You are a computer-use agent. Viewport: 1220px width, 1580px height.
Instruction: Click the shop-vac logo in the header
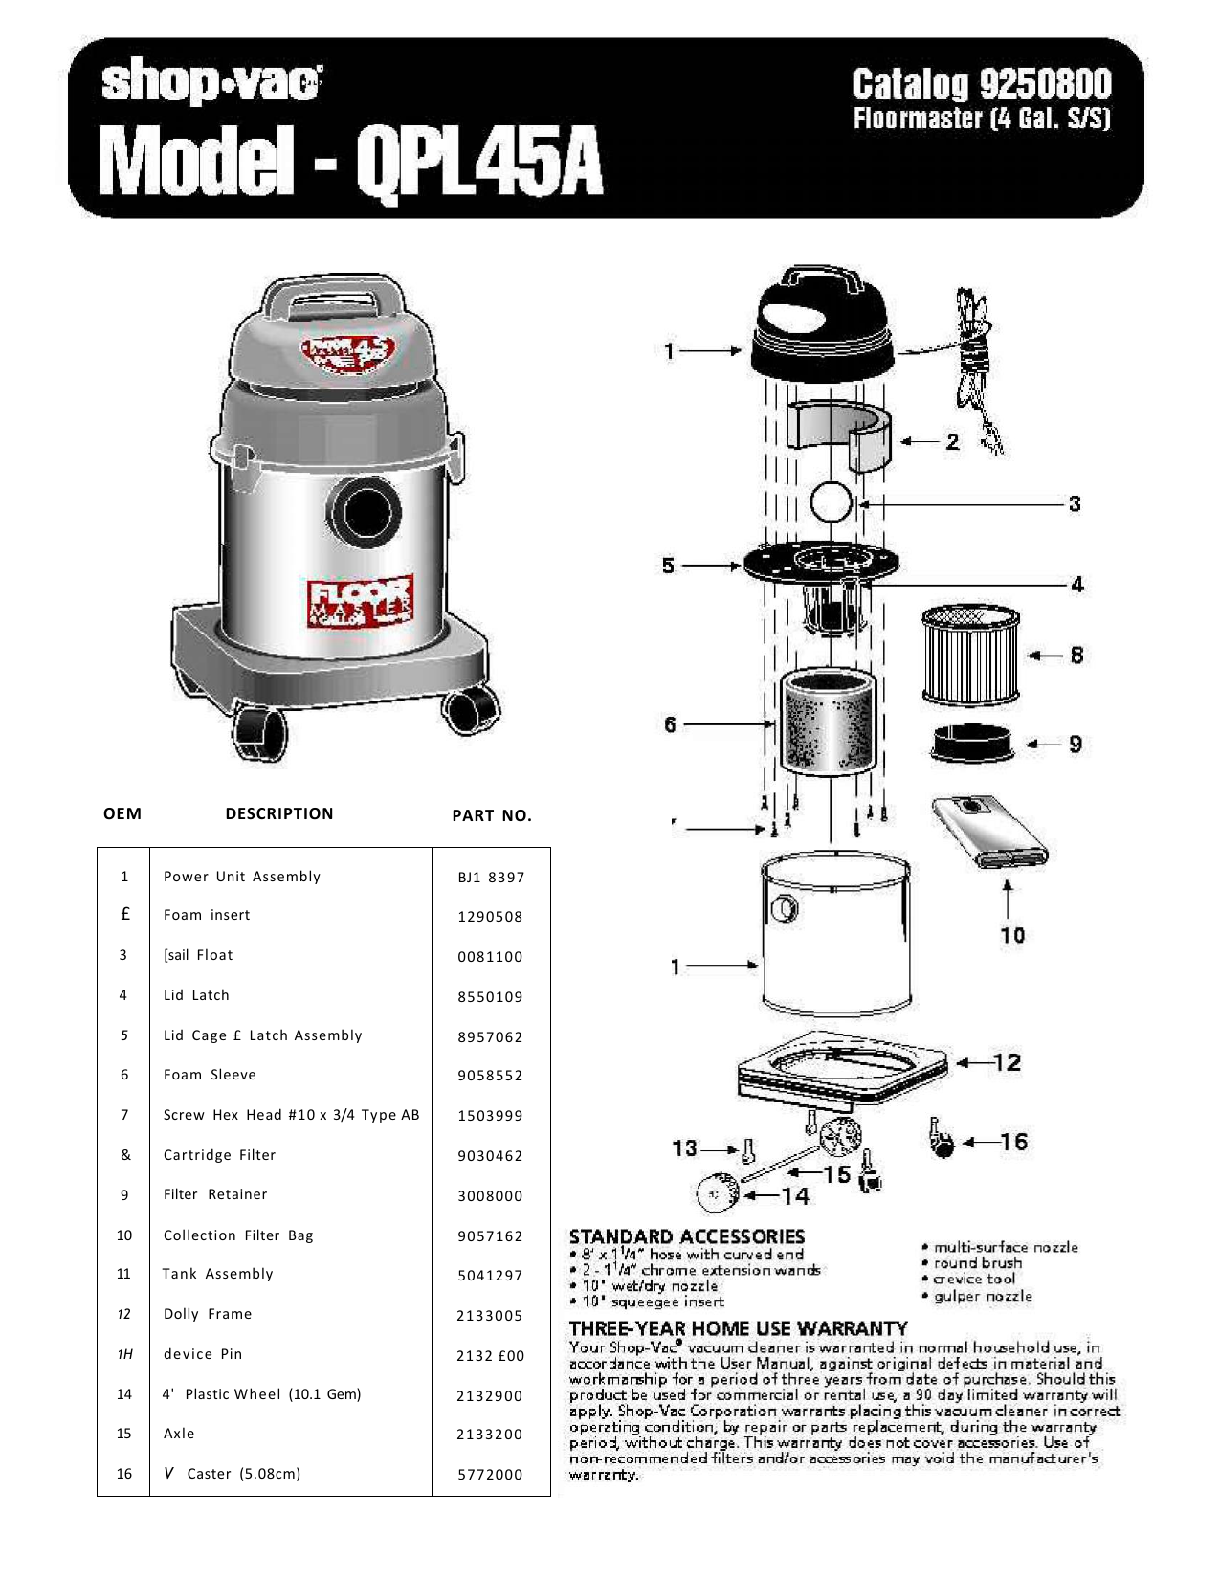[211, 83]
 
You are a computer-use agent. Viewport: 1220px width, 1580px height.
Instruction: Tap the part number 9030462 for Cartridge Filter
[490, 1156]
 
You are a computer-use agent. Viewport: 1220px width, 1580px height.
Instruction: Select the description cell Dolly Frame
[208, 1314]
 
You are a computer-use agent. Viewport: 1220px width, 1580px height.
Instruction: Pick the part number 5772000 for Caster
[490, 1475]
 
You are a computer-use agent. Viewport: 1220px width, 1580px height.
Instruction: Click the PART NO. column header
[492, 815]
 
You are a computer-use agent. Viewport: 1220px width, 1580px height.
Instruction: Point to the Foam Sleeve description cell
[210, 1075]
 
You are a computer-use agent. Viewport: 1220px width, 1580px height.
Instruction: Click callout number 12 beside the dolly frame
[1007, 1062]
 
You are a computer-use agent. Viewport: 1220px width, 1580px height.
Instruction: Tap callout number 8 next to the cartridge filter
[1076, 656]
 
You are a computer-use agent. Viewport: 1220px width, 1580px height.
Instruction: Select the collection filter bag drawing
[990, 833]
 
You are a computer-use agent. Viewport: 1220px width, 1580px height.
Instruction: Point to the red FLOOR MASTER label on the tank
[361, 602]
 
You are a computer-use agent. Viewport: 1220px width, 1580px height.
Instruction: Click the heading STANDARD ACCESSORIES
[686, 1236]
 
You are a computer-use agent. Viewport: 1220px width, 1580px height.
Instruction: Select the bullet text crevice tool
[974, 1280]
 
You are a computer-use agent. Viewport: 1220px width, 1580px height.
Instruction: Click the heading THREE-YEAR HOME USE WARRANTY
[738, 1328]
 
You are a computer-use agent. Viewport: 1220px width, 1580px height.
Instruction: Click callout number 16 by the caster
[1013, 1142]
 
